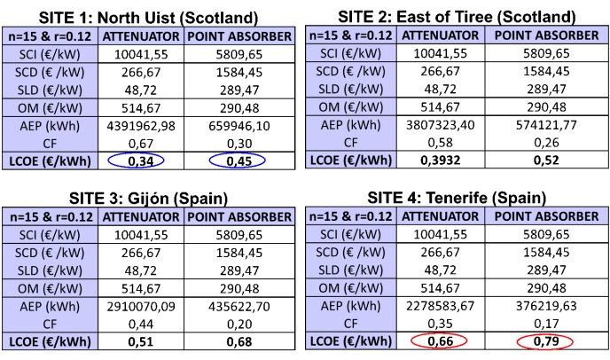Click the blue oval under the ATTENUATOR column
136,160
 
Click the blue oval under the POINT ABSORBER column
237,160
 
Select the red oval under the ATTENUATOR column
439,340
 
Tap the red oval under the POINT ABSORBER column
545,341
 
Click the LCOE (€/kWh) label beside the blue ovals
51,160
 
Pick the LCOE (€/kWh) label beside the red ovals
351,340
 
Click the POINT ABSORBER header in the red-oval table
546,216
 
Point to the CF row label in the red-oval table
351,323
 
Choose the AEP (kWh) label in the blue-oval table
51,125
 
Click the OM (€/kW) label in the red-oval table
351,287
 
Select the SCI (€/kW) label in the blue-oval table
51,54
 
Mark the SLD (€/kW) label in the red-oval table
351,270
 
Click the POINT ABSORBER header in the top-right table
546,35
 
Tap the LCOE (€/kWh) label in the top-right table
351,160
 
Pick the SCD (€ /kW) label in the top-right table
351,71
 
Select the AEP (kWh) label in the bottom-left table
51,306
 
